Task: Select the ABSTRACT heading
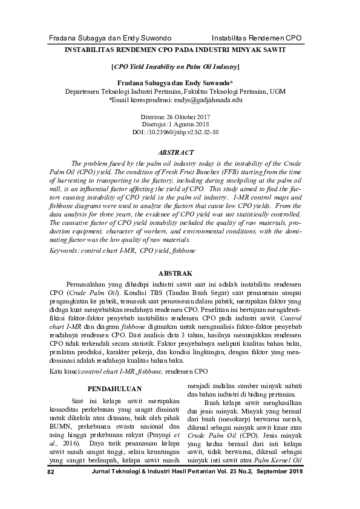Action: (175, 153)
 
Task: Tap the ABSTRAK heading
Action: (175, 273)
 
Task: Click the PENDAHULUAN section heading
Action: (115, 388)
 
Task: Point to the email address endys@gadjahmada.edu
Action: (207, 100)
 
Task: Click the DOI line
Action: (175, 131)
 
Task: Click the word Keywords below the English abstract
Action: (63, 250)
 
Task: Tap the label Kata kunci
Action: (64, 370)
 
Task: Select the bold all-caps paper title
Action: (175, 52)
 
